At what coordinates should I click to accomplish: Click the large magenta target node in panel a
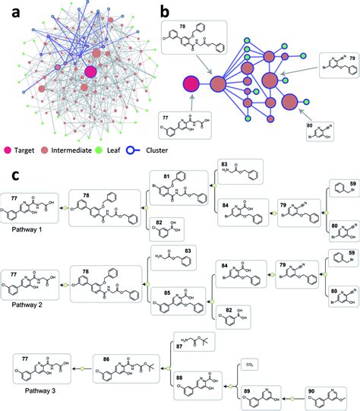(x=91, y=71)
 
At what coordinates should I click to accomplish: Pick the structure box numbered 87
(x=199, y=348)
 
